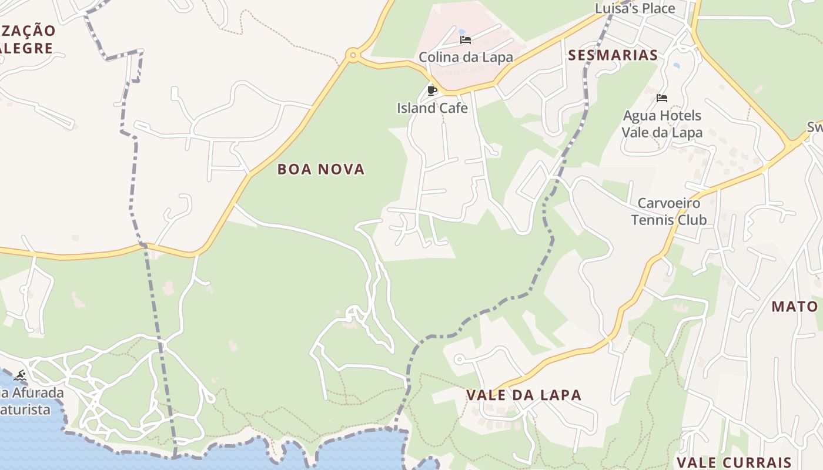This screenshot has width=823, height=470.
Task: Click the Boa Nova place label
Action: (321, 169)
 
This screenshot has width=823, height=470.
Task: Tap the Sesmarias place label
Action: (613, 55)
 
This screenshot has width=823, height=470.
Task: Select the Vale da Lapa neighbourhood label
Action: (524, 395)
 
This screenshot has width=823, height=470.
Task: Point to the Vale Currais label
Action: (734, 462)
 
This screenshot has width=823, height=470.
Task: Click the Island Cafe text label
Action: (432, 108)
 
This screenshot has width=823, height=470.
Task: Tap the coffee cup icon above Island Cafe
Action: (432, 90)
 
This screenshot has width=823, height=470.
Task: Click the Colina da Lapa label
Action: (466, 57)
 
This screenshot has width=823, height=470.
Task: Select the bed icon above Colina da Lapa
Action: (466, 40)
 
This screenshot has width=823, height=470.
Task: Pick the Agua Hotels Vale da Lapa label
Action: (662, 123)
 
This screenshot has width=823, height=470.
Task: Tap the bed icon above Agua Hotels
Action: (662, 98)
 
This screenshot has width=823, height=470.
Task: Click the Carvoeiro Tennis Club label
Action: (669, 211)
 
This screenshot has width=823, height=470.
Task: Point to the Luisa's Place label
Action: (635, 8)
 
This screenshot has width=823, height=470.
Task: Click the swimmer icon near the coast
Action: (20, 375)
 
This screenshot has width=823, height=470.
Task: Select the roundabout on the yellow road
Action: (353, 56)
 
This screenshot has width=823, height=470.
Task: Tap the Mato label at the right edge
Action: (795, 306)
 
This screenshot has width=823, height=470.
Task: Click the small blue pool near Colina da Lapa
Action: (461, 31)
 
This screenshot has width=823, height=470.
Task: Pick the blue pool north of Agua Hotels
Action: (676, 65)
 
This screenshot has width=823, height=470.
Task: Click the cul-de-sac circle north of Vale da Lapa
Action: (459, 358)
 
